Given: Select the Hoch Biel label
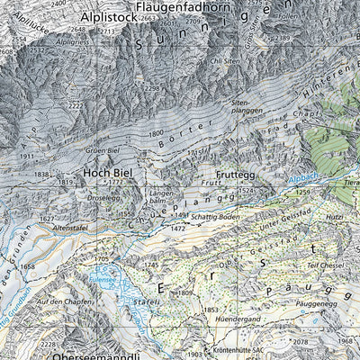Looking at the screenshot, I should click(109, 168).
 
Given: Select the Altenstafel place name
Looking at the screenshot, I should click(76, 230).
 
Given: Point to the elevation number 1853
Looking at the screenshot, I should click(210, 309).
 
